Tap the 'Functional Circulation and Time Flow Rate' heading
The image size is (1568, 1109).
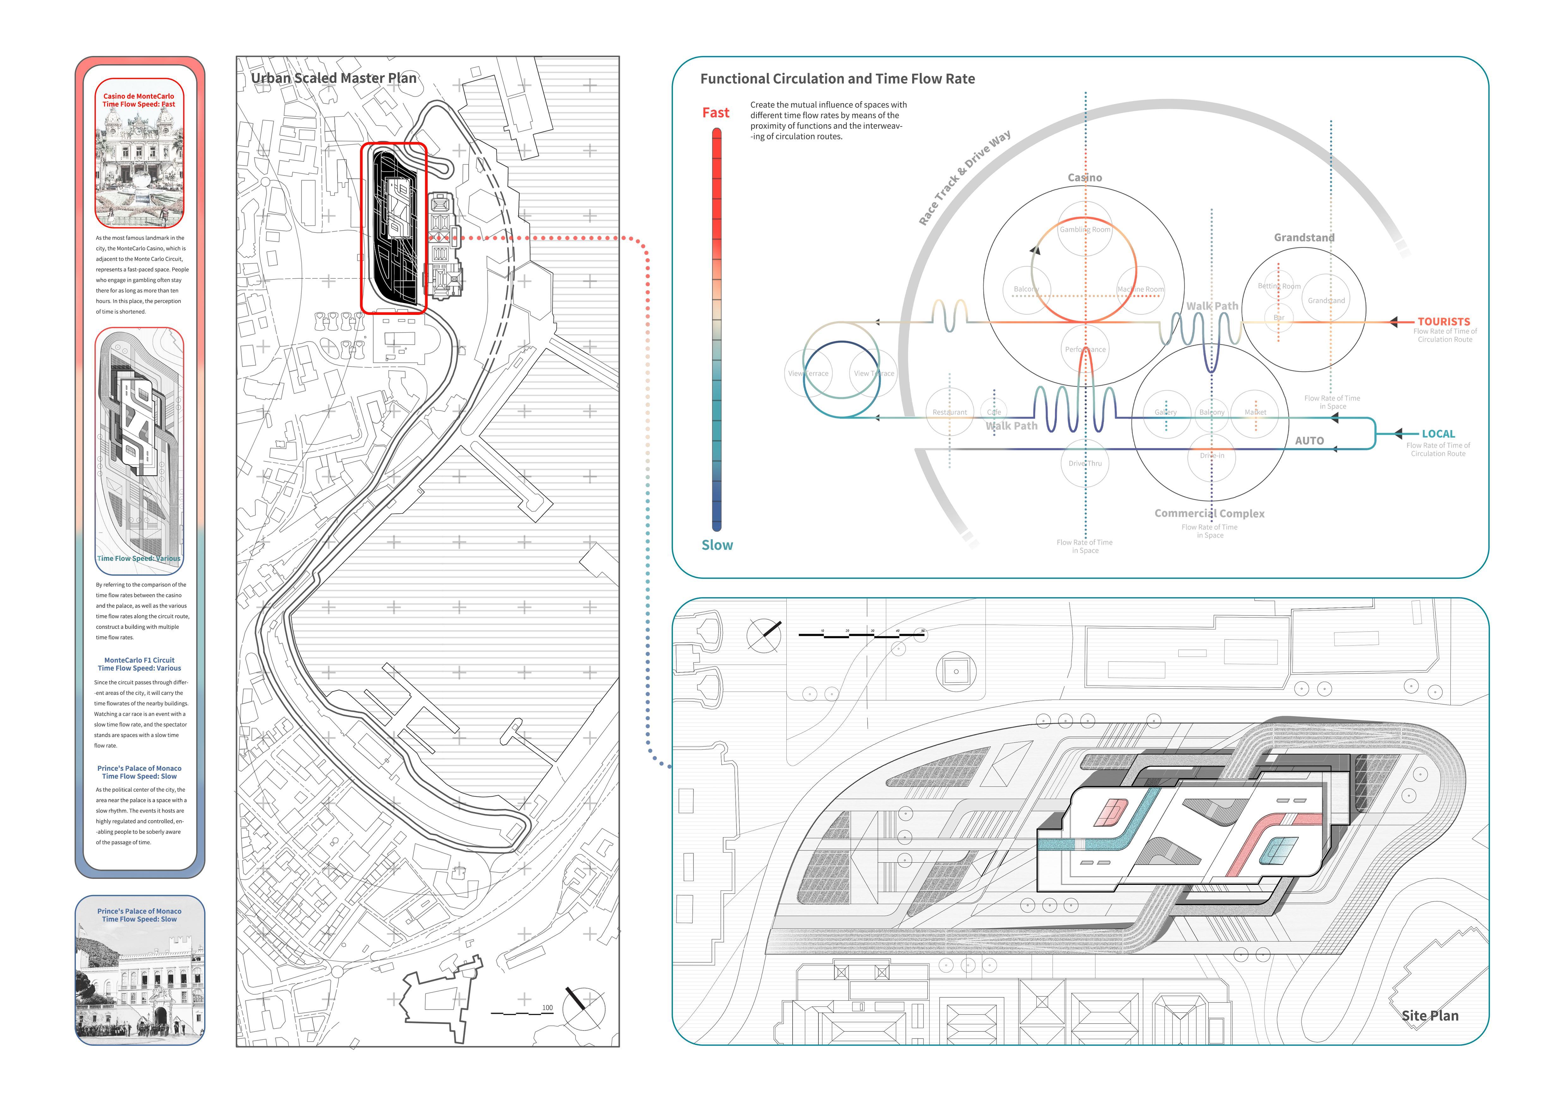pyautogui.click(x=837, y=78)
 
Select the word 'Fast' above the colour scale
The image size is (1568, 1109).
pyautogui.click(x=716, y=113)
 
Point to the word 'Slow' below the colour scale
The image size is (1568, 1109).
pyautogui.click(x=717, y=545)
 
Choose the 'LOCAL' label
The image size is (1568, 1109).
pyautogui.click(x=1438, y=434)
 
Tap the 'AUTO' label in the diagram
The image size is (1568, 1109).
pyautogui.click(x=1309, y=440)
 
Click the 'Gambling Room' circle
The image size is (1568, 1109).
pyautogui.click(x=1084, y=230)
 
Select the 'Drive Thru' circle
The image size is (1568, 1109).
pyautogui.click(x=1084, y=463)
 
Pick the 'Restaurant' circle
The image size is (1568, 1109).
pyautogui.click(x=949, y=412)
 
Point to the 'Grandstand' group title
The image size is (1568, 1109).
pyautogui.click(x=1304, y=238)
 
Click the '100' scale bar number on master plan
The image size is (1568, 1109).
pyautogui.click(x=547, y=1007)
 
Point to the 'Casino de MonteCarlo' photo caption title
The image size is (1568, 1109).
pyautogui.click(x=139, y=96)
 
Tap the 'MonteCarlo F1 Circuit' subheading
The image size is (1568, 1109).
pyautogui.click(x=139, y=660)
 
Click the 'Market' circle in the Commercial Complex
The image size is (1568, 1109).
pyautogui.click(x=1255, y=412)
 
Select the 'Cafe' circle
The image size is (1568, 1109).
pyautogui.click(x=994, y=412)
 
